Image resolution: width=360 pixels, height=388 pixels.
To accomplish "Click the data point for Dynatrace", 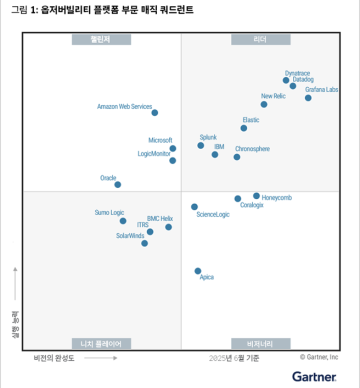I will coord(286,80).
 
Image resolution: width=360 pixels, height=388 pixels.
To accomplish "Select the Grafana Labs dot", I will coord(308,98).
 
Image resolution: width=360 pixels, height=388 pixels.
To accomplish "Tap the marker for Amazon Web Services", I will coord(154,114).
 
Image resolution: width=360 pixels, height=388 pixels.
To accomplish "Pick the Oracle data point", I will coord(117,184).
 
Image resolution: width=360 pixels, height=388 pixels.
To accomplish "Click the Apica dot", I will coord(198,271).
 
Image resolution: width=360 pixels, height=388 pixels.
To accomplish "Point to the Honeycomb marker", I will coord(256,196).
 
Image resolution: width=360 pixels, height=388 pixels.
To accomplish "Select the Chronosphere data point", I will coord(237,157).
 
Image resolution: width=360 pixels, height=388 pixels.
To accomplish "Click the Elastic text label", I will coord(250,120).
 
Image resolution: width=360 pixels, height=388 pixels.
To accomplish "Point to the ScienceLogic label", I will coord(213,215).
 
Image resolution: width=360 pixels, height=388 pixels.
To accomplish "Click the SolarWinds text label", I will coord(130,236).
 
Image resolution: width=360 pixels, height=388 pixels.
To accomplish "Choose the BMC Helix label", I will coord(160,218).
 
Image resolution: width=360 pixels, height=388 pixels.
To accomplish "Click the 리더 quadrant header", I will coord(260,40).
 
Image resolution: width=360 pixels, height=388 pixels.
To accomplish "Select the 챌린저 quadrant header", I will coord(100,40).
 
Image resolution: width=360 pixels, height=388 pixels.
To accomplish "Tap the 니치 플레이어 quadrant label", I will coord(100,343).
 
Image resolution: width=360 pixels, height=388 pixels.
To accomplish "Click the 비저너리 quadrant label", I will coord(260,343).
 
